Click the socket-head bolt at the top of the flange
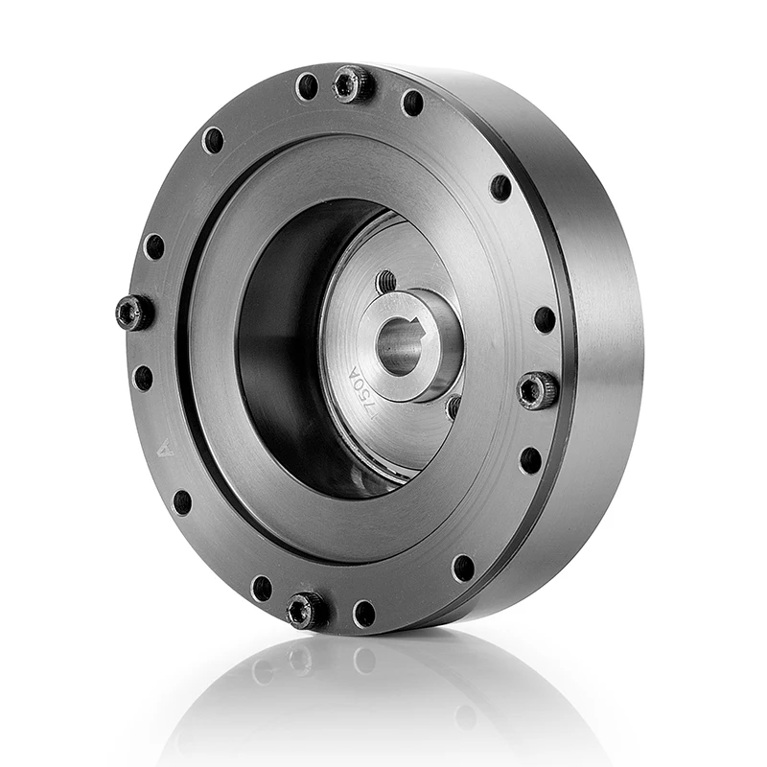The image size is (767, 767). tap(353, 84)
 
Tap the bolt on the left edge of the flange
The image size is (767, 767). tap(132, 312)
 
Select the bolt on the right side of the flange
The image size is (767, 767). tap(537, 389)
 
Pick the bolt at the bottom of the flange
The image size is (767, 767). tap(306, 609)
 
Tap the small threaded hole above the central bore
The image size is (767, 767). tap(386, 281)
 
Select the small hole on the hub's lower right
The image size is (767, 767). tap(453, 407)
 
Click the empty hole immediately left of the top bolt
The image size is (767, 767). tap(307, 87)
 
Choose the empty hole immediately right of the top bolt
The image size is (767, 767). tap(412, 102)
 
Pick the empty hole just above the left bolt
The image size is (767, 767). tap(153, 246)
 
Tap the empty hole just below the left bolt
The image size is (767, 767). tap(143, 378)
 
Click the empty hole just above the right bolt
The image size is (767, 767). tap(545, 319)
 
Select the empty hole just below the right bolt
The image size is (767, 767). tap(530, 459)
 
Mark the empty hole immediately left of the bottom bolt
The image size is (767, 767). tap(261, 588)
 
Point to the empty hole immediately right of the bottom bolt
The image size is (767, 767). tap(363, 614)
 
